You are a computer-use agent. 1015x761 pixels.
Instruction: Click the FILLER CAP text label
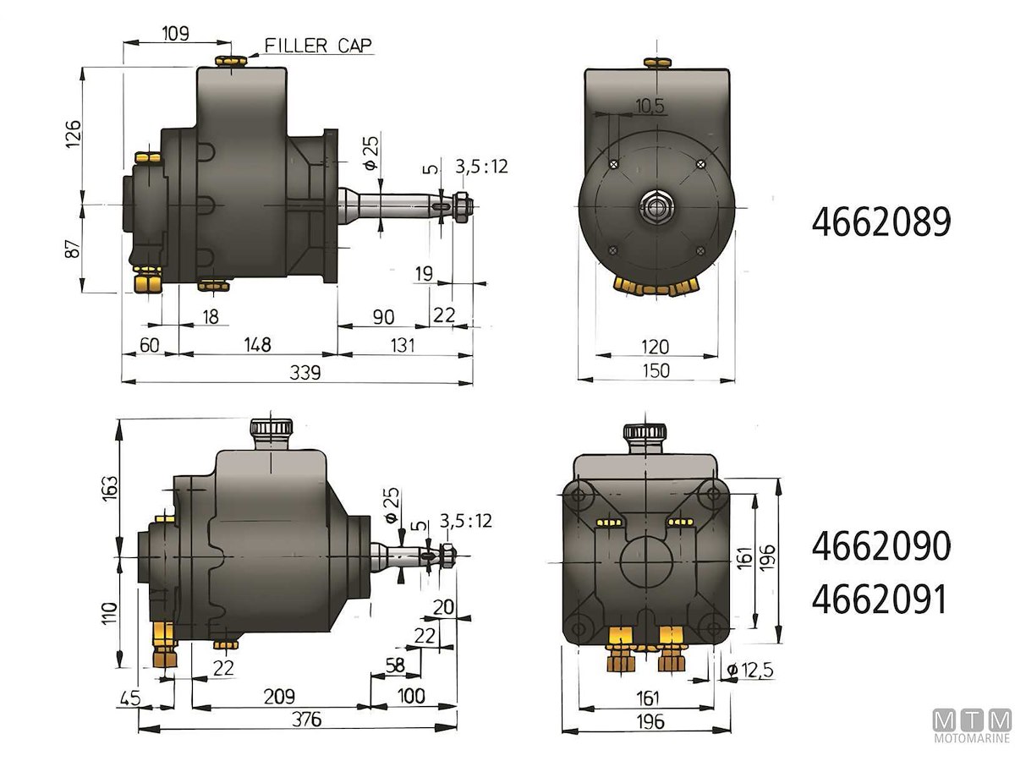coord(318,46)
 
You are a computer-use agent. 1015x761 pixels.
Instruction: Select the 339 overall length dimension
coord(305,372)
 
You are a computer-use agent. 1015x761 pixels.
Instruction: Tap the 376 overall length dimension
coord(306,720)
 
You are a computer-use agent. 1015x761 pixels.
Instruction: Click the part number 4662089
coord(881,222)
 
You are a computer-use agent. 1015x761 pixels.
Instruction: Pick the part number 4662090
coord(881,545)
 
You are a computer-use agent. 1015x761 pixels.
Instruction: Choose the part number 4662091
coord(879,599)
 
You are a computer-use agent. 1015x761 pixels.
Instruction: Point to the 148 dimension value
coord(257,345)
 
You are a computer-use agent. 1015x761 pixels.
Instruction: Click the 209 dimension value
coord(279,696)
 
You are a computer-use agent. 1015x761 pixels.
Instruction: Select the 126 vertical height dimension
coord(73,134)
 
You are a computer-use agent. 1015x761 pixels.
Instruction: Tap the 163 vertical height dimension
coord(110,489)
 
